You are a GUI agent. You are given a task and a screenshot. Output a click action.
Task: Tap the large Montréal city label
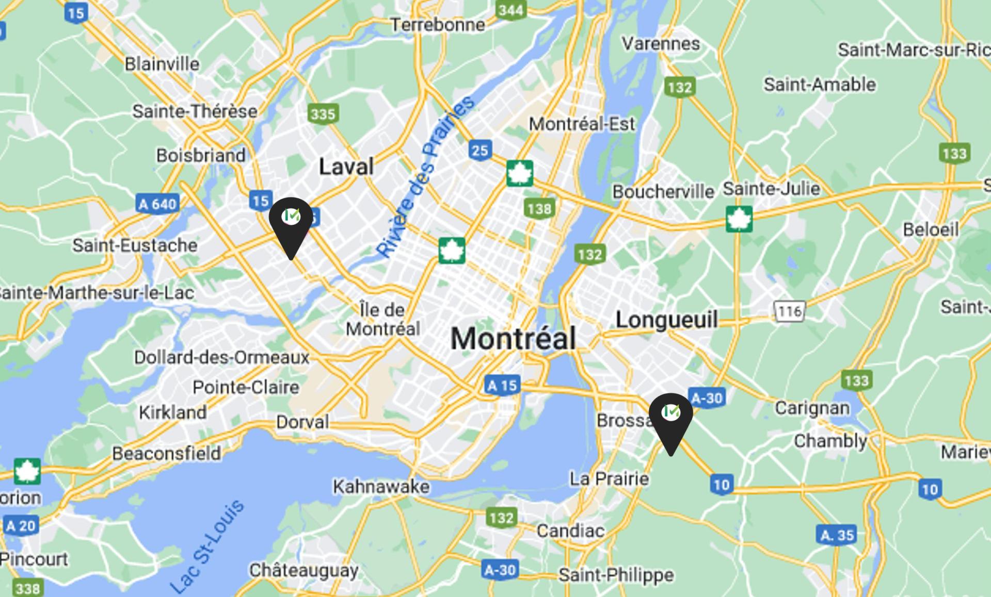pyautogui.click(x=513, y=339)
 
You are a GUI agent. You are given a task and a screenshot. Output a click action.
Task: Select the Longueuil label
pyautogui.click(x=666, y=320)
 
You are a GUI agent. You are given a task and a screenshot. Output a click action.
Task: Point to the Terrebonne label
pyautogui.click(x=437, y=24)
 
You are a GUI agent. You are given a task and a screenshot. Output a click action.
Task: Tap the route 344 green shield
pyautogui.click(x=510, y=10)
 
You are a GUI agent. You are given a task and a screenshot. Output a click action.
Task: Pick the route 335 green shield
pyautogui.click(x=323, y=113)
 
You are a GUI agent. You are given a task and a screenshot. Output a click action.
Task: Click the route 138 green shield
pyautogui.click(x=539, y=208)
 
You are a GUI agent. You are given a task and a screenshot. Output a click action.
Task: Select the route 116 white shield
pyautogui.click(x=789, y=311)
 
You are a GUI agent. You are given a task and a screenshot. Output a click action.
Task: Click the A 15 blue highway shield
pyautogui.click(x=502, y=385)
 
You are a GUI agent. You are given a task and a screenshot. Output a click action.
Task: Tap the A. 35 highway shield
pyautogui.click(x=837, y=535)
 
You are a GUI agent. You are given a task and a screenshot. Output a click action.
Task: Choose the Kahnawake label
pyautogui.click(x=381, y=486)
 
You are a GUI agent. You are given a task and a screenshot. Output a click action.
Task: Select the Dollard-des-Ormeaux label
pyautogui.click(x=221, y=357)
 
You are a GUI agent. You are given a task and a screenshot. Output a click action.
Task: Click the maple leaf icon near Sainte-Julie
pyautogui.click(x=739, y=219)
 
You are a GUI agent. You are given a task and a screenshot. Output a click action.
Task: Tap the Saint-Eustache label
pyautogui.click(x=135, y=245)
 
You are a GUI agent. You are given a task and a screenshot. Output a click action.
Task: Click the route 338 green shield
pyautogui.click(x=27, y=588)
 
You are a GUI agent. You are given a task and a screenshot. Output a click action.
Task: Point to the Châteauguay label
pyautogui.click(x=303, y=570)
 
